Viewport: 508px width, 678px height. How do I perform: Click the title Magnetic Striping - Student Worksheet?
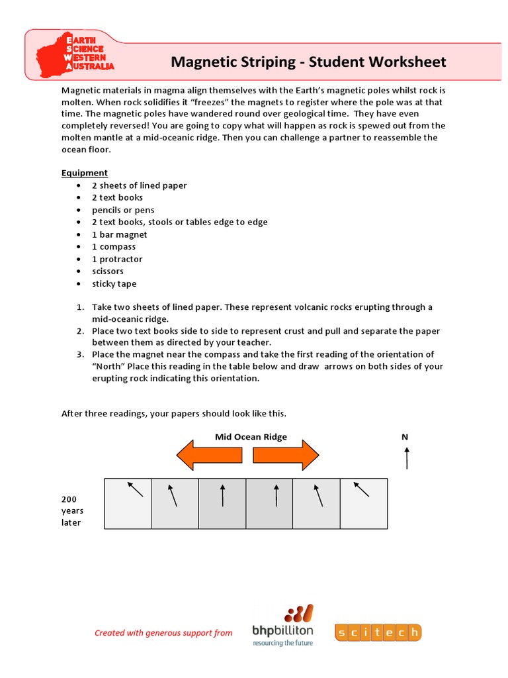coord(308,62)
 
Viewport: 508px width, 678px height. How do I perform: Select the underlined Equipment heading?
coord(85,173)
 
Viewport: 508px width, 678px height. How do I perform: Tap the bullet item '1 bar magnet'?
coord(119,234)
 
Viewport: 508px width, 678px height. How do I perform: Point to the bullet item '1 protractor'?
coord(117,259)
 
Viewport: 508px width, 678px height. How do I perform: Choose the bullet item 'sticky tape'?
coord(114,283)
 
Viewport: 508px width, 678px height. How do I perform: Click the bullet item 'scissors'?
coord(107,271)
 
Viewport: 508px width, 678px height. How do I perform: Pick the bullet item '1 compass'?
coord(114,246)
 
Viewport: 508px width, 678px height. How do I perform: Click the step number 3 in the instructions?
coord(78,354)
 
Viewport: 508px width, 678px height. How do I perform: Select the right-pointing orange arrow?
coord(286,456)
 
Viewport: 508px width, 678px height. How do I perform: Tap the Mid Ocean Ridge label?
coord(251,437)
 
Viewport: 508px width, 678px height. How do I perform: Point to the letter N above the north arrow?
coord(405,437)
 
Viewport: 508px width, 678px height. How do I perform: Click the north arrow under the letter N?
coord(406,458)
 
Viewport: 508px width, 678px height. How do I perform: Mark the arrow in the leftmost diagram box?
coord(135,489)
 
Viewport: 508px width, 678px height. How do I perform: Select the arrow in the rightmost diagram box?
coord(361,489)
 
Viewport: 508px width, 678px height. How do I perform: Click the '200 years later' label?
coord(73,510)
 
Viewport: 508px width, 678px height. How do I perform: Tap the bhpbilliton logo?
coord(283,626)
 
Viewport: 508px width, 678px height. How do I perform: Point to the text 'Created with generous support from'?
coord(163,633)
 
